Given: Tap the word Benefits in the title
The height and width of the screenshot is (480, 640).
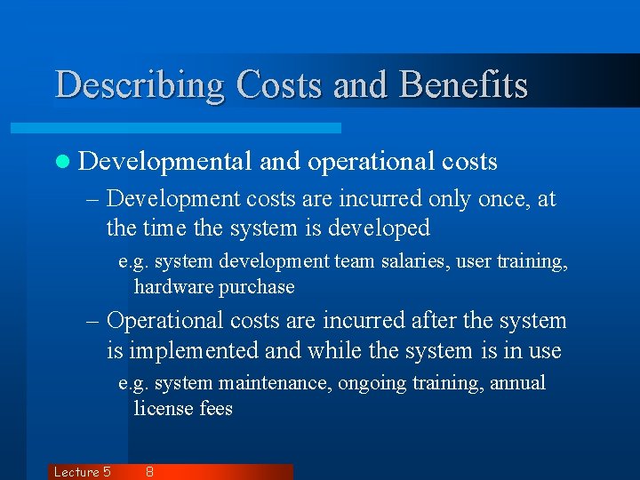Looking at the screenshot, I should (464, 85).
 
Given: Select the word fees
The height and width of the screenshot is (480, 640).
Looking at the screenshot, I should (215, 409).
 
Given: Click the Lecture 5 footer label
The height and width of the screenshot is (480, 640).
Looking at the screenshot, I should (82, 472).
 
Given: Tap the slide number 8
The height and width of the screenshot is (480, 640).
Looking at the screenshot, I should (149, 472).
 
